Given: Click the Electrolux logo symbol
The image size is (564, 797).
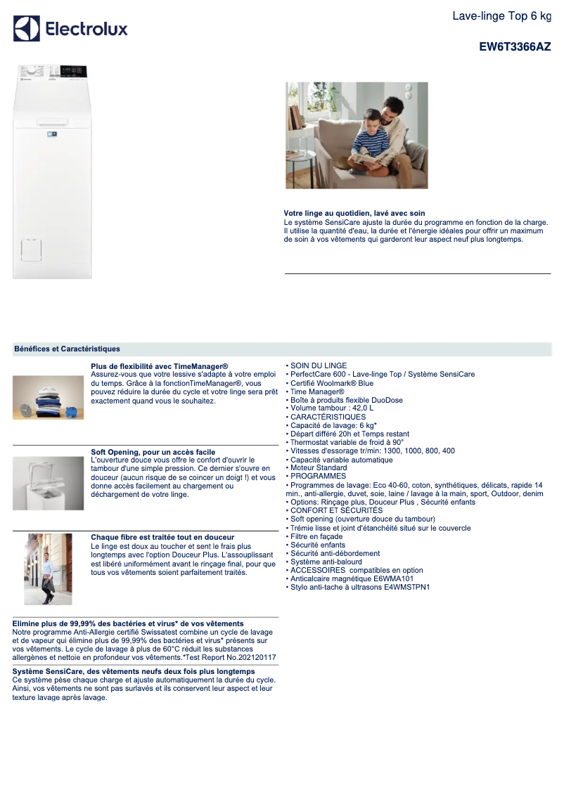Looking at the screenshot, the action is (27, 29).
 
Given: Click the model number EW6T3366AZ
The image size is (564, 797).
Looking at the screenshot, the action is (515, 48).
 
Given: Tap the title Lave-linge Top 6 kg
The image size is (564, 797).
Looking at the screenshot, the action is (501, 15).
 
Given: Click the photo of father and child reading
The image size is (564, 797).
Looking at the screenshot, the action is (357, 136).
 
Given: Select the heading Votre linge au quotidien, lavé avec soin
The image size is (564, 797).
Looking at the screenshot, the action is (354, 213).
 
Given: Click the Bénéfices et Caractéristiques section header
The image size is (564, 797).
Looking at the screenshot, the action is (67, 349).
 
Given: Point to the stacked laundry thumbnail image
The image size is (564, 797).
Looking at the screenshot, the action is (48, 397).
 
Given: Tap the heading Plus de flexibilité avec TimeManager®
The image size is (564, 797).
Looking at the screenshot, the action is (160, 366).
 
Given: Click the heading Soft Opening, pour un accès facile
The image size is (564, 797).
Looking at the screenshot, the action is (153, 452).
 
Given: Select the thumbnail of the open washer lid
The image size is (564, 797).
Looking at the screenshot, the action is (48, 483).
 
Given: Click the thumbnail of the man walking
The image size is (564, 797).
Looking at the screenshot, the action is (48, 569).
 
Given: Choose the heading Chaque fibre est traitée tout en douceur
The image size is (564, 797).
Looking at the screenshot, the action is (162, 537).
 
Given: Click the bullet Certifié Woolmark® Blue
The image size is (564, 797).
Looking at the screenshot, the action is (332, 383).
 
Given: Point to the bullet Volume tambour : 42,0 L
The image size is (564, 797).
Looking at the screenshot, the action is (332, 408).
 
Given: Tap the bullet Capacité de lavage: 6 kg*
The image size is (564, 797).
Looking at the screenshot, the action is (333, 425).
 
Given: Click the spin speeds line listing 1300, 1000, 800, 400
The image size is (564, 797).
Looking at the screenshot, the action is (372, 451).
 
